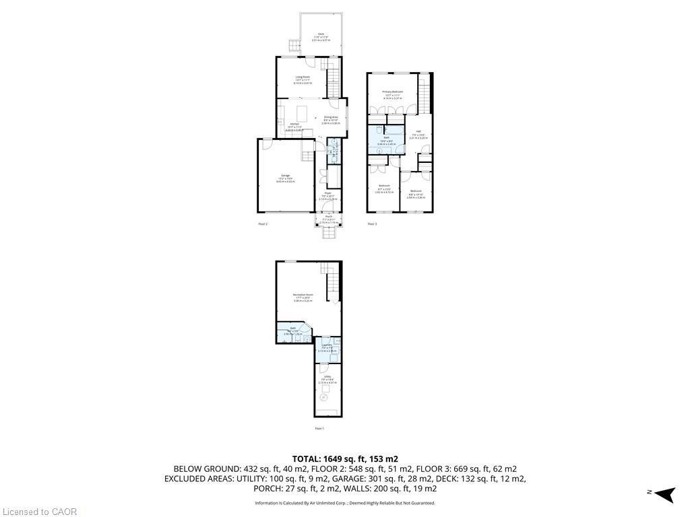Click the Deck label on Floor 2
click(x=320, y=34)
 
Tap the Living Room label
click(x=302, y=77)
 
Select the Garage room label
click(x=286, y=176)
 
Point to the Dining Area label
click(x=330, y=117)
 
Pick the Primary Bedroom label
click(x=392, y=92)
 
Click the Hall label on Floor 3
click(x=418, y=131)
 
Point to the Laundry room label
click(x=327, y=345)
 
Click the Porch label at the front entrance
click(x=327, y=217)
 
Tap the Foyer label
click(x=327, y=193)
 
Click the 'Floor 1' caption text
click(x=319, y=428)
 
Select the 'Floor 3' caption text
click(x=372, y=223)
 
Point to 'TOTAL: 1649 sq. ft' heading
click(x=344, y=458)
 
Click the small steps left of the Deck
click(x=294, y=46)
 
